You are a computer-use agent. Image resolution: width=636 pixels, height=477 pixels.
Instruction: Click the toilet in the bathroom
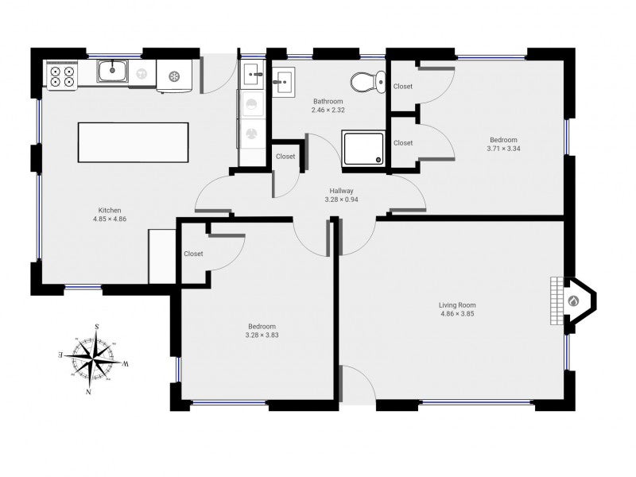click(368, 83)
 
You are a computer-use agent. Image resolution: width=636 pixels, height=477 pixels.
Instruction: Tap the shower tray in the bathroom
click(363, 148)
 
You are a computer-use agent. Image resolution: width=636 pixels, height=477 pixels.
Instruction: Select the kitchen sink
click(112, 72)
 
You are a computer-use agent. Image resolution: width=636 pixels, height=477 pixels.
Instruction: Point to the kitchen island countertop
click(133, 142)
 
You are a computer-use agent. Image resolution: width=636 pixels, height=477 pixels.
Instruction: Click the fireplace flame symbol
click(573, 301)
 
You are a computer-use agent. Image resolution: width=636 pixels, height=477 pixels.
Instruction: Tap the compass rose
click(94, 359)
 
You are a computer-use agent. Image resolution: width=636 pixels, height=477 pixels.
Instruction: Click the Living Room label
click(457, 305)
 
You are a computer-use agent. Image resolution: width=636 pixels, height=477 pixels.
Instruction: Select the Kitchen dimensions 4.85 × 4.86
click(110, 219)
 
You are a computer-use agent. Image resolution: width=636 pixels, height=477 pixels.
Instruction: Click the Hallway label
click(341, 191)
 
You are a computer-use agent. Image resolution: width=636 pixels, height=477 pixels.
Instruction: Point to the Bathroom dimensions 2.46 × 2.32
click(328, 110)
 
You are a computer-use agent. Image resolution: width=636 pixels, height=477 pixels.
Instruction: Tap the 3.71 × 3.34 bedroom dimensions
click(503, 149)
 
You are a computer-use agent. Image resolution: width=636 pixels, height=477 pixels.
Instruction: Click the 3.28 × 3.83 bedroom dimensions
click(262, 335)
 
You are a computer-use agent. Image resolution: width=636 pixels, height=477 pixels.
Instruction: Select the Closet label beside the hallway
click(285, 156)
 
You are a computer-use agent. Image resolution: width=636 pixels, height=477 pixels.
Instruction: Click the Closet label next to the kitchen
click(193, 254)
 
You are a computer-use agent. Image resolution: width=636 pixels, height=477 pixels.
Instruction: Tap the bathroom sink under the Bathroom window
click(284, 83)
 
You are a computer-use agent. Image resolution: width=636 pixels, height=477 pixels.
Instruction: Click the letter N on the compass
click(88, 392)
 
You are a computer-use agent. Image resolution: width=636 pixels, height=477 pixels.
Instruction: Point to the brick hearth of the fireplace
click(557, 301)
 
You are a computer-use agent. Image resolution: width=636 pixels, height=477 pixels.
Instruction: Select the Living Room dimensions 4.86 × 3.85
click(457, 313)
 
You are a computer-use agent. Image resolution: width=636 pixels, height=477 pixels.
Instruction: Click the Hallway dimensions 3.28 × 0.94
click(341, 200)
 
